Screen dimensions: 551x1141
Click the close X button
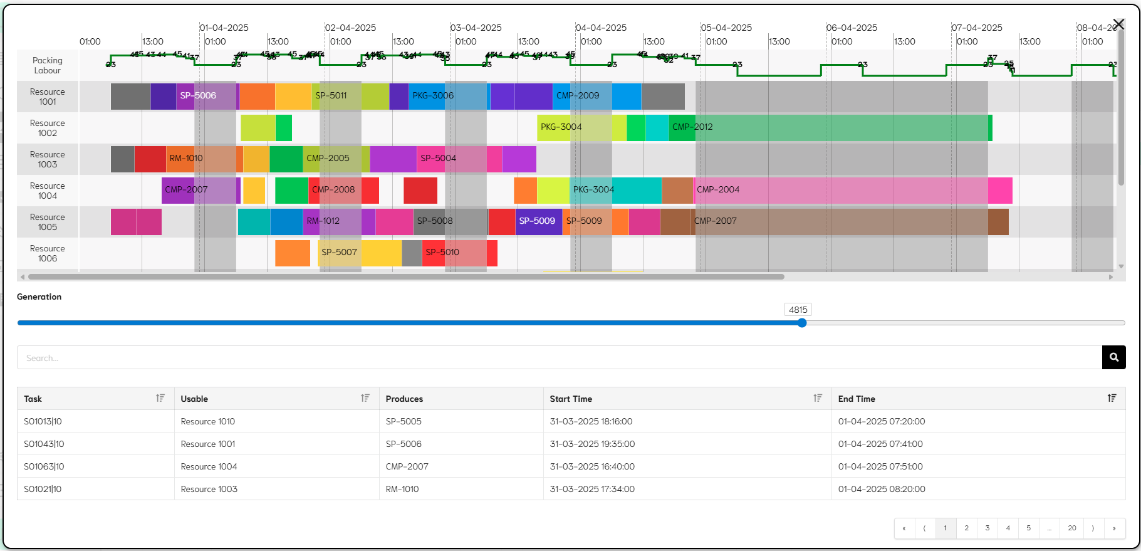pyautogui.click(x=1118, y=24)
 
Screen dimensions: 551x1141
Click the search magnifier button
pyautogui.click(x=1113, y=357)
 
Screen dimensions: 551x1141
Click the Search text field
pyautogui.click(x=558, y=358)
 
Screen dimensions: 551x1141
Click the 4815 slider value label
pyautogui.click(x=798, y=310)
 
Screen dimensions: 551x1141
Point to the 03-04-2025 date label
pyautogui.click(x=476, y=28)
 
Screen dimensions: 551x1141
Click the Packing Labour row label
pyautogui.click(x=48, y=65)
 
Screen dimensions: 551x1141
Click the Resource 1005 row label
pyautogui.click(x=48, y=222)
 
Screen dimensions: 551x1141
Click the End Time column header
pyautogui.click(x=857, y=399)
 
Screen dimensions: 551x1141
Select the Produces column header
pyautogui.click(x=404, y=399)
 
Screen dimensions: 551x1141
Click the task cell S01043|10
pyautogui.click(x=44, y=444)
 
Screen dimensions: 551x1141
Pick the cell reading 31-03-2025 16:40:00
pyautogui.click(x=592, y=466)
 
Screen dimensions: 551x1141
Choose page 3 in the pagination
pyautogui.click(x=987, y=528)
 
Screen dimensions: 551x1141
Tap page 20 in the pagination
pyautogui.click(x=1071, y=528)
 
